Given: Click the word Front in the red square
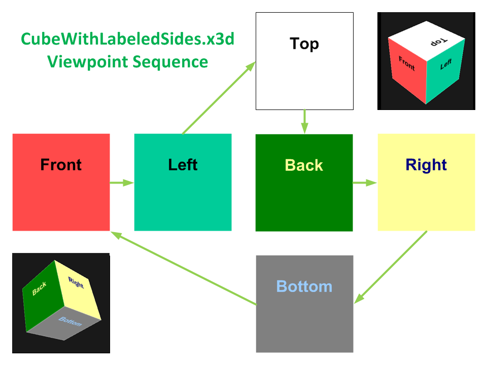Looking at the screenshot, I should point(61,165).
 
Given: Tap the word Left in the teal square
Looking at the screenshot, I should point(183,165).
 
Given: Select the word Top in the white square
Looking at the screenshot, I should point(304,44).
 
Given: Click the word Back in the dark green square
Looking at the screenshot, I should point(304,165).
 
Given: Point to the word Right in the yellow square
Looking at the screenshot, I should point(426,165).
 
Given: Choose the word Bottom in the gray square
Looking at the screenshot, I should point(304,286).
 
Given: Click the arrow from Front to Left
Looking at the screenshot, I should point(122,182).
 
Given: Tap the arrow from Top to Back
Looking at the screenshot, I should point(304,122).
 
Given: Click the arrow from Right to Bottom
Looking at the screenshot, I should point(391,267).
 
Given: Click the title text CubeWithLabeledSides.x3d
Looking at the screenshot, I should point(127,40).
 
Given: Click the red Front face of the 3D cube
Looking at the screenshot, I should point(407,68).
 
